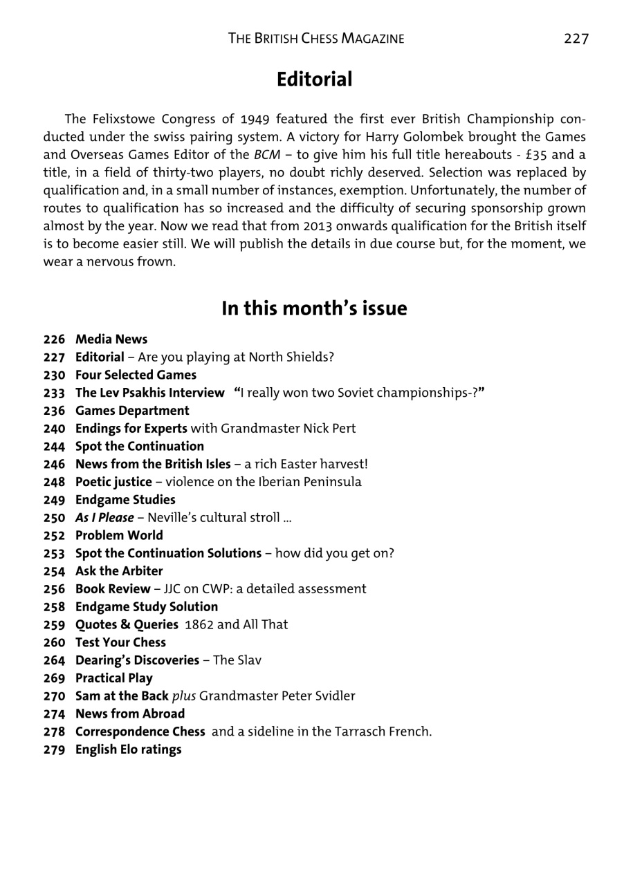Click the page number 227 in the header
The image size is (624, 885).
[x=576, y=39]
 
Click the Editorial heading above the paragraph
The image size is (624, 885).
[x=314, y=80]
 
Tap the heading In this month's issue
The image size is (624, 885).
[x=314, y=308]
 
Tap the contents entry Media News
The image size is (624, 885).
[x=111, y=339]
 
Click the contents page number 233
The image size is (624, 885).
[x=54, y=393]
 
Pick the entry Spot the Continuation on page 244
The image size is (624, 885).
[x=140, y=447]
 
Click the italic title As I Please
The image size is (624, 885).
[x=104, y=518]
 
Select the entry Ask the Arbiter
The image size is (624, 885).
[x=119, y=571]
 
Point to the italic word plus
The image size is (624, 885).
[x=184, y=696]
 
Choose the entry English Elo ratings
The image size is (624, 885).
[x=129, y=749]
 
